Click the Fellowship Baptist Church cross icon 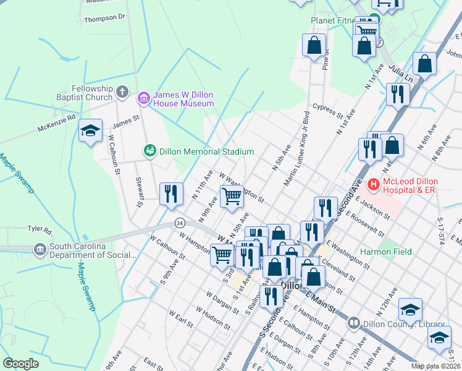tap(122, 93)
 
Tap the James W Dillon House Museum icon tap(144, 98)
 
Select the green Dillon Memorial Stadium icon tap(149, 151)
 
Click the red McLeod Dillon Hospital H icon tap(373, 184)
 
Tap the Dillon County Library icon tap(353, 323)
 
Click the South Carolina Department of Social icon tap(41, 250)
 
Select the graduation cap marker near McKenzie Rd tap(90, 131)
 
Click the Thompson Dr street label tap(104, 19)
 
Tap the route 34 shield tap(180, 222)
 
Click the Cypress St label tap(327, 111)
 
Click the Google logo tap(20, 364)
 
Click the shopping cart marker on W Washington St tap(232, 197)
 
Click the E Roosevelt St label tap(366, 225)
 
